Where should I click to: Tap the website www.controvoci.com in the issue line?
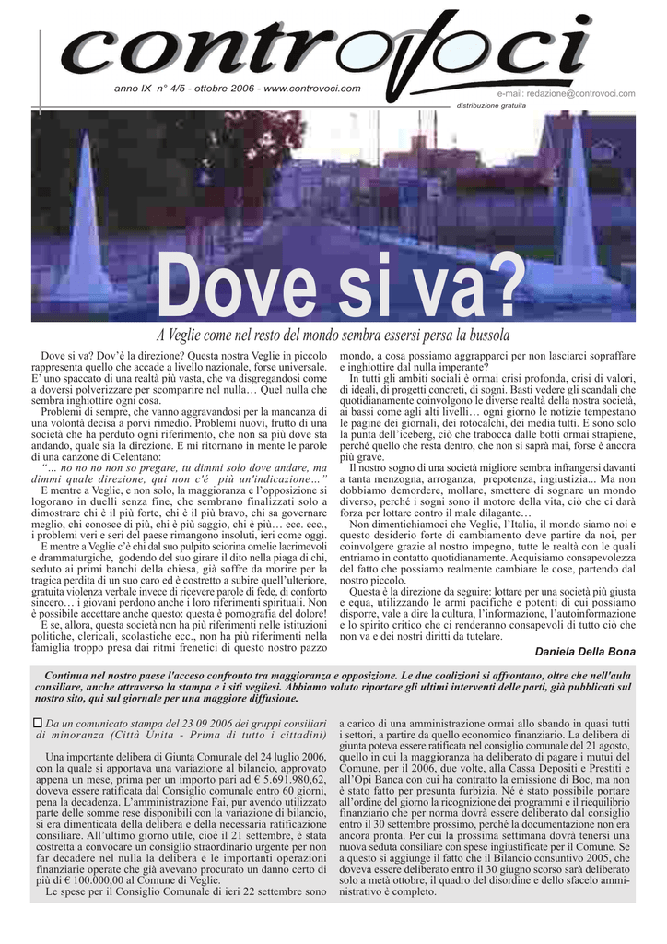pos(312,89)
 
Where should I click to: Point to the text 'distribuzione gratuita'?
pos(491,105)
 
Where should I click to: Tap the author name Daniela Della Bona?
pos(585,651)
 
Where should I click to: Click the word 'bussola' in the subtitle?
pos(486,335)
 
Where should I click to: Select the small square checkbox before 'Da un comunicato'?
pos(38,725)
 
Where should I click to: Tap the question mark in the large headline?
pos(502,287)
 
